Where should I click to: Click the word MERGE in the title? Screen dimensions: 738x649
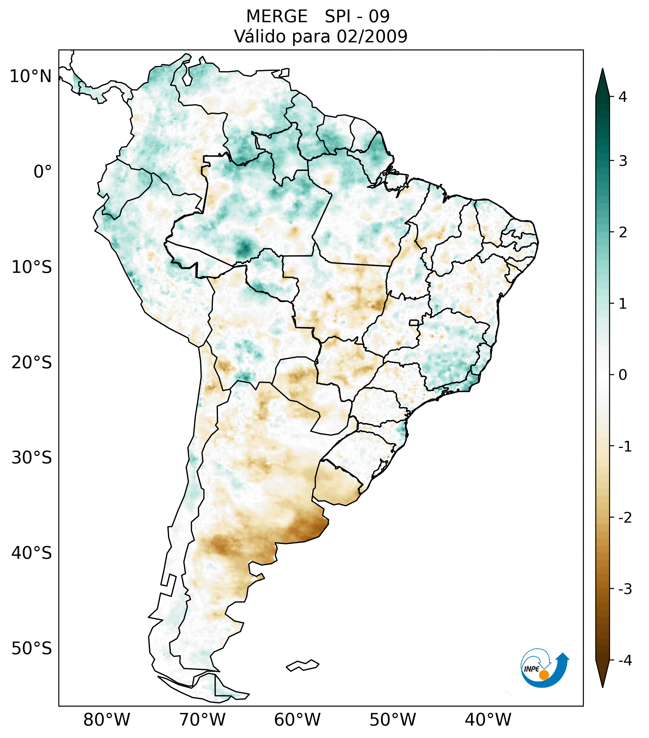(x=276, y=17)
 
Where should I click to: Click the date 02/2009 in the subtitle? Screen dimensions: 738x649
(x=372, y=36)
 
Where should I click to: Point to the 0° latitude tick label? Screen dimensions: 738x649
(x=43, y=172)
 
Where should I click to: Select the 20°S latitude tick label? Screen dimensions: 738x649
(x=32, y=363)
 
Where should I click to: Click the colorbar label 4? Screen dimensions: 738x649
(x=623, y=97)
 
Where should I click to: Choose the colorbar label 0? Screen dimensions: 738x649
(x=623, y=375)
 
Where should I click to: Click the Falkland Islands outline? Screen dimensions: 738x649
(x=302, y=665)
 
